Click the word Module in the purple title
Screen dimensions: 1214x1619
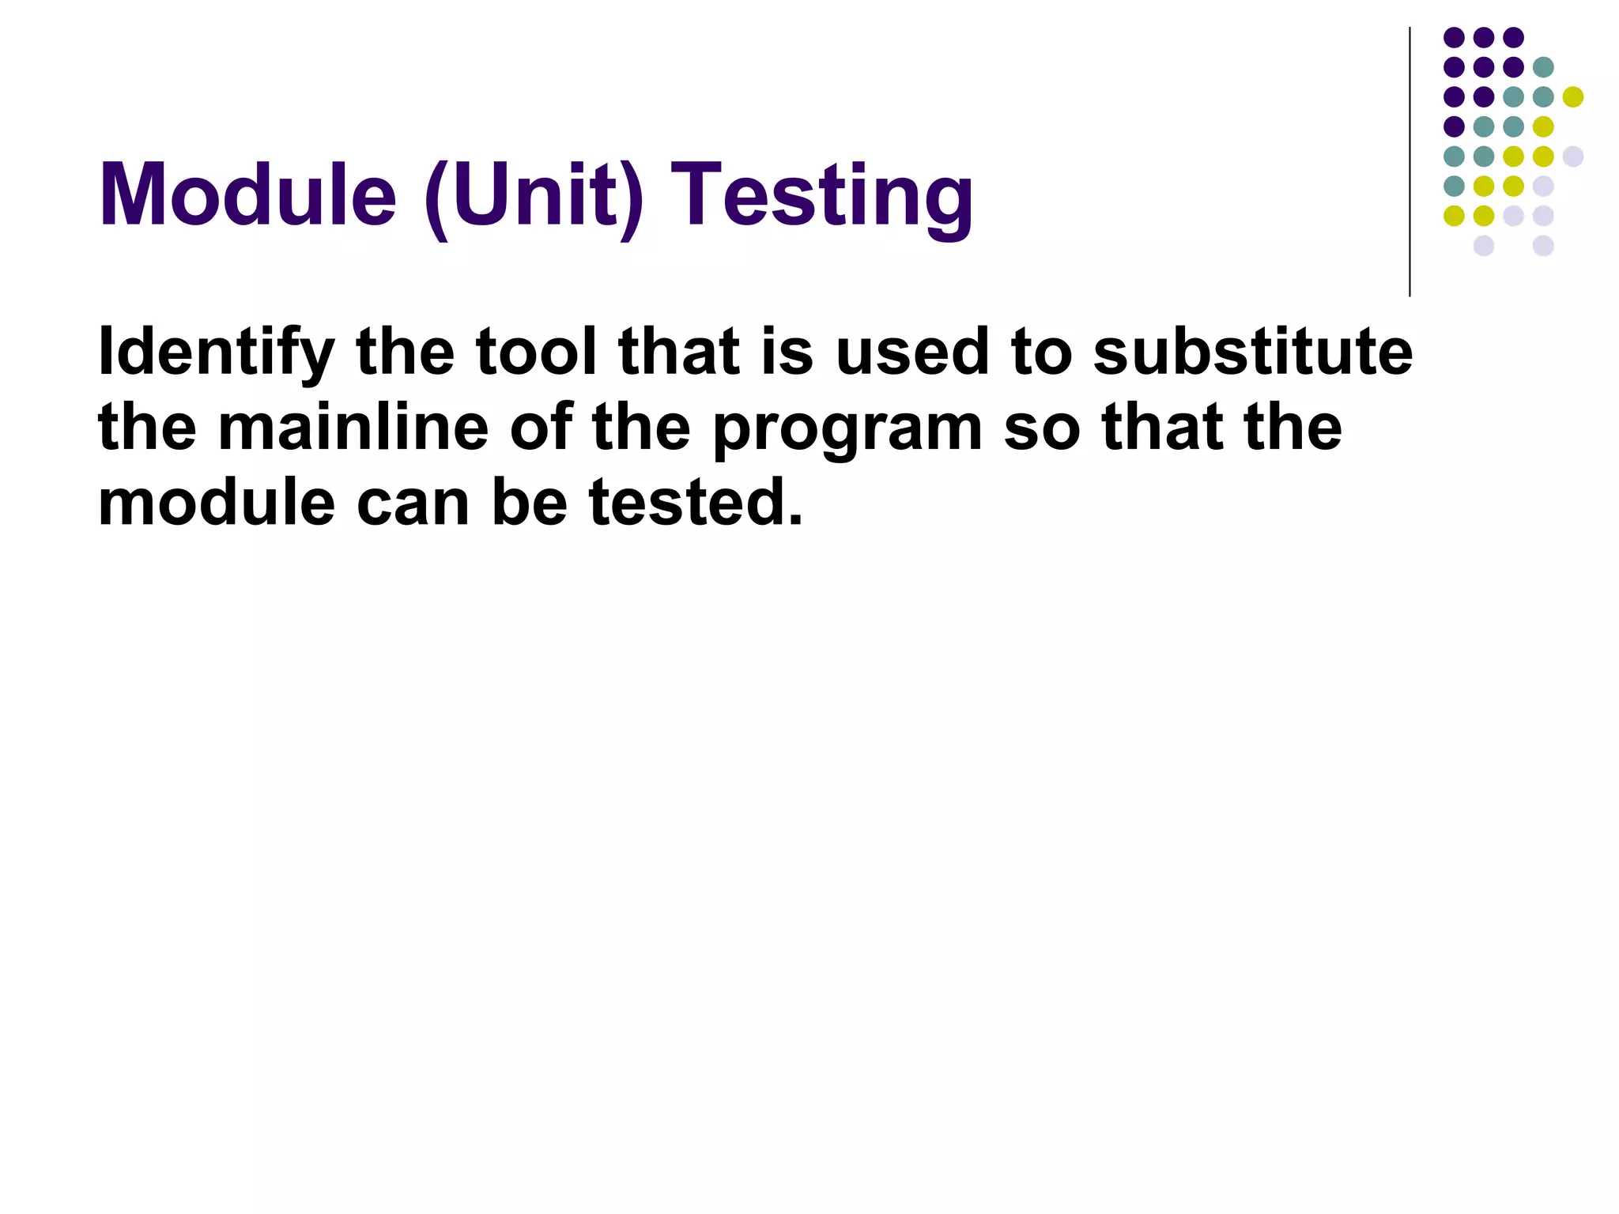247,194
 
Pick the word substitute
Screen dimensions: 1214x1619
1253,351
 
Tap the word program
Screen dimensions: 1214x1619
848,432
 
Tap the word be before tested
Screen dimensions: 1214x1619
529,503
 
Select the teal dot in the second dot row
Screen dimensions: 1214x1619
1543,67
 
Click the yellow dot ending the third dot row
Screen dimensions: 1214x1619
1573,97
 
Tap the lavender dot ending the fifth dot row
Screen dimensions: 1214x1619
1573,156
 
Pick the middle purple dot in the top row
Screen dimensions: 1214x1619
1484,37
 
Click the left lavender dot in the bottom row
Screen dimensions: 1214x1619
1484,246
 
